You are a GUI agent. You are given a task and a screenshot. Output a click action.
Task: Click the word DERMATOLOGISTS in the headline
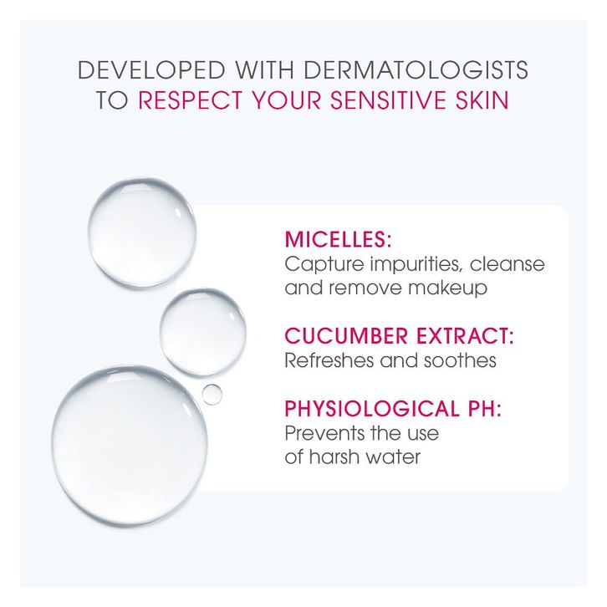click(416, 70)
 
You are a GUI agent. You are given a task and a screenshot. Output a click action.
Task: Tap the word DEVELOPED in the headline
click(152, 70)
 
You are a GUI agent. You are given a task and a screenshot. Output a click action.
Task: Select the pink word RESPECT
click(190, 99)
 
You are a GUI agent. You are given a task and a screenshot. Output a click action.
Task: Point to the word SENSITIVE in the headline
click(387, 99)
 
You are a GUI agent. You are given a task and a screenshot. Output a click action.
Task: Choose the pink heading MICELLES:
click(338, 239)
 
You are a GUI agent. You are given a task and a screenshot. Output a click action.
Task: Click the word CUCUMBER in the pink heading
click(346, 335)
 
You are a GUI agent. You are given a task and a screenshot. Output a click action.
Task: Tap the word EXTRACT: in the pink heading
click(466, 335)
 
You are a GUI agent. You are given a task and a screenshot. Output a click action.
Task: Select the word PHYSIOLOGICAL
click(371, 408)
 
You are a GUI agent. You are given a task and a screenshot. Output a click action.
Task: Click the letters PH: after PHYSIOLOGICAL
click(485, 408)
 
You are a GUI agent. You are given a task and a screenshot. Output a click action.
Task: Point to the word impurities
click(416, 265)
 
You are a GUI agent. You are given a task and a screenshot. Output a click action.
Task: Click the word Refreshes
click(329, 360)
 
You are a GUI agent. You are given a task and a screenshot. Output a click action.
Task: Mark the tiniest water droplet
click(212, 395)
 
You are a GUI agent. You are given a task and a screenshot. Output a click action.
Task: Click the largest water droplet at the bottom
click(130, 446)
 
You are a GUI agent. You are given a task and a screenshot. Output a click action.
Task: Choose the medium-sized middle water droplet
click(203, 332)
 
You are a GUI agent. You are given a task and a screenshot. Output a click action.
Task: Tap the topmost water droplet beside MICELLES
click(141, 232)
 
